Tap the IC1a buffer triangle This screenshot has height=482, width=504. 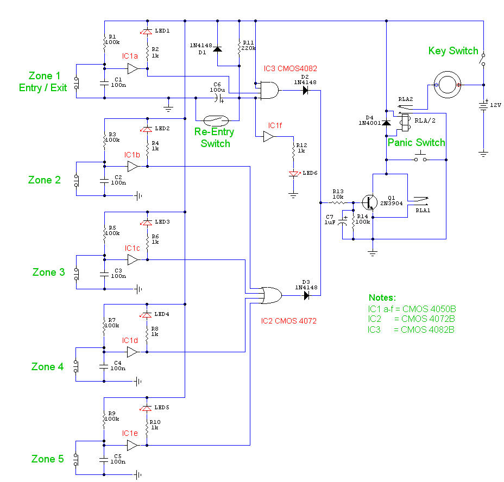pos(133,69)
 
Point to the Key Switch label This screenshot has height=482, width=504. pos(453,51)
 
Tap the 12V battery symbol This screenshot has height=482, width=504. pos(483,105)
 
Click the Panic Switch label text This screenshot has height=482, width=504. pos(416,143)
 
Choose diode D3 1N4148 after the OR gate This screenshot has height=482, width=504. pos(306,296)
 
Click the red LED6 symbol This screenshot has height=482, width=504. pos(294,174)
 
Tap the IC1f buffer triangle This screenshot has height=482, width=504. pos(269,137)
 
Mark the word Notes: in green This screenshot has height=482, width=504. pos(382,297)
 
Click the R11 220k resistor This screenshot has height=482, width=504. pos(239,48)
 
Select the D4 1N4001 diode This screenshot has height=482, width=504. pos(386,123)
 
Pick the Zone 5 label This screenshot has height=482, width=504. pos(46,459)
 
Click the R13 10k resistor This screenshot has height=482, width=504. pos(338,202)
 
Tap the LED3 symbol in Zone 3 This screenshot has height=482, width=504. pos(147,223)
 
